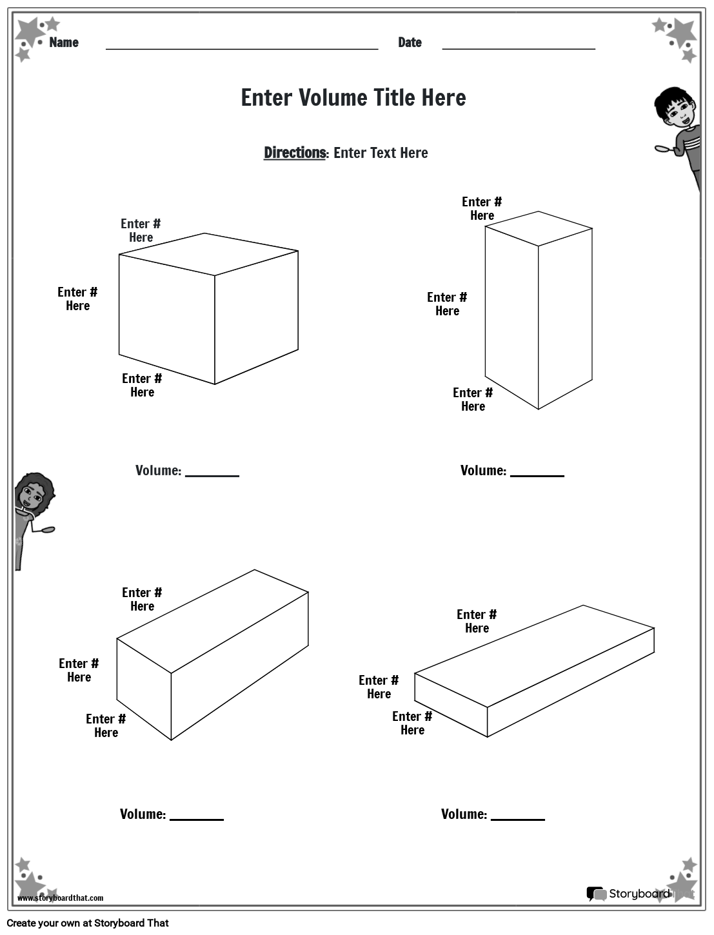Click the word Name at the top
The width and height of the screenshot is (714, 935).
pos(64,43)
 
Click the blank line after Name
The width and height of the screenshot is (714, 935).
pos(241,47)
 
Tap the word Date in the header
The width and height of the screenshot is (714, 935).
pos(410,43)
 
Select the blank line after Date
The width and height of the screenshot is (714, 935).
pos(518,47)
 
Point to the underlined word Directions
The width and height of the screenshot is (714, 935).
pos(295,153)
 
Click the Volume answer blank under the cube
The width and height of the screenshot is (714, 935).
pos(212,475)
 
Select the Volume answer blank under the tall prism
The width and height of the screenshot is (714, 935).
pos(537,475)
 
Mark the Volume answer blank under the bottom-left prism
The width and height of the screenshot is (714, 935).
pos(197,818)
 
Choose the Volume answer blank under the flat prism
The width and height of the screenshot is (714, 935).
pos(518,818)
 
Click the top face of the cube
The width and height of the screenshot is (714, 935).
pos(208,253)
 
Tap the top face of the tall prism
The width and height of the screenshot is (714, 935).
pos(539,228)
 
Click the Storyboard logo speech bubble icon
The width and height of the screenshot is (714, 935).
pos(596,894)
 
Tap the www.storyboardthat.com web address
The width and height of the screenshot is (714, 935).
pos(61,898)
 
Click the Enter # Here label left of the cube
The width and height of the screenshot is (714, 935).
pos(77,299)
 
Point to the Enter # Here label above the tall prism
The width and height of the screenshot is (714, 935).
pos(482,208)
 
